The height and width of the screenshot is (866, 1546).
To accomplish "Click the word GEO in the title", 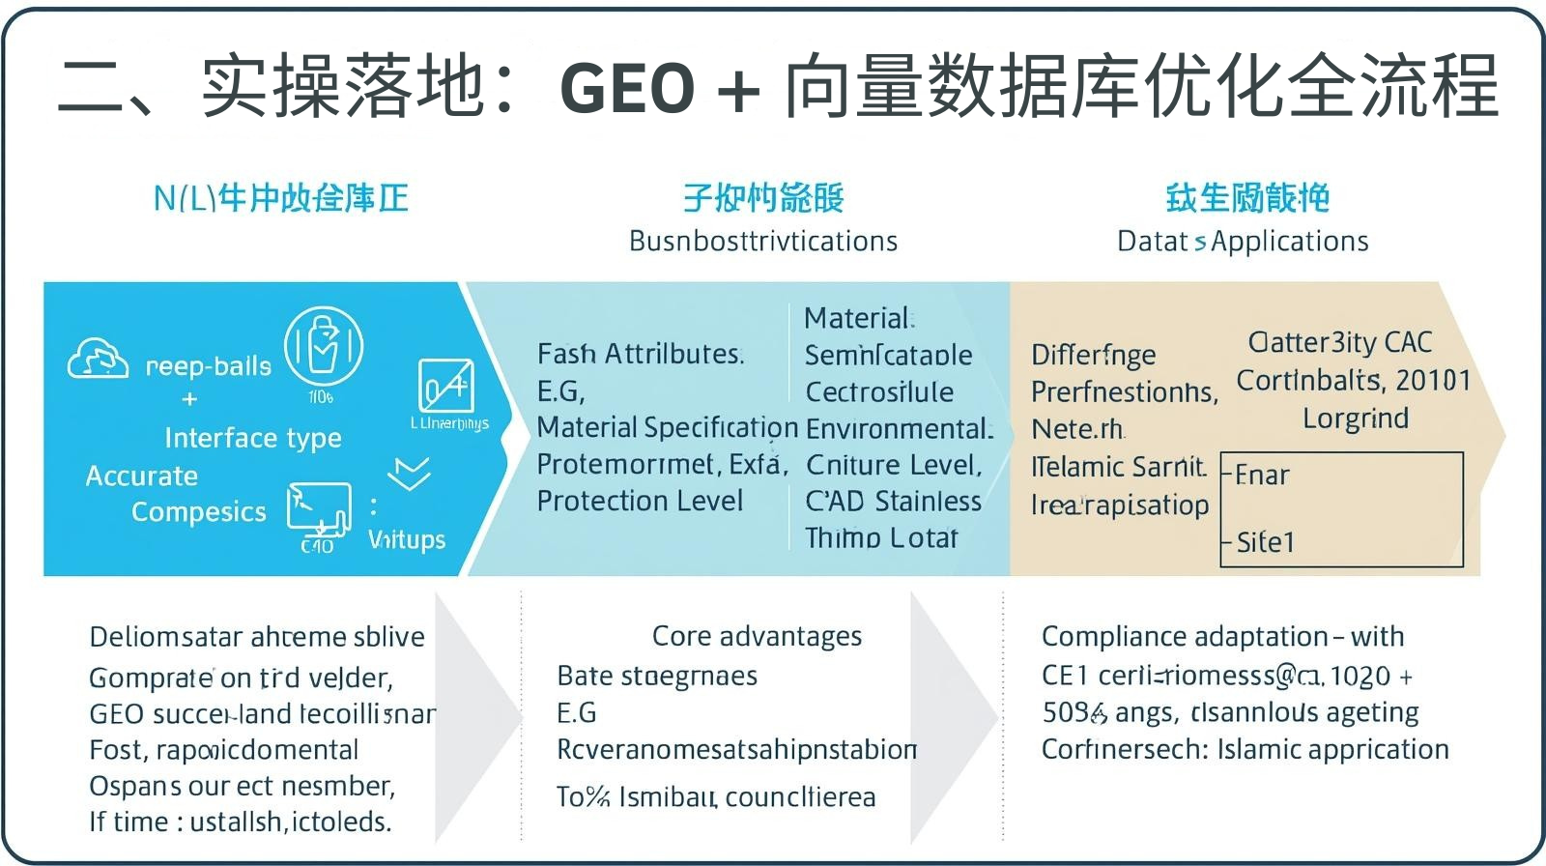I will [627, 88].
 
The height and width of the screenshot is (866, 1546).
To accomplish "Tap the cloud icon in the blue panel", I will [98, 359].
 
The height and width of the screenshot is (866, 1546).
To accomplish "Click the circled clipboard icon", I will [324, 346].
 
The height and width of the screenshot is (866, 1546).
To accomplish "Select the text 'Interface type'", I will [252, 438].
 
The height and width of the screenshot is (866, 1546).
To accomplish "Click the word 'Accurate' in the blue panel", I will [141, 476].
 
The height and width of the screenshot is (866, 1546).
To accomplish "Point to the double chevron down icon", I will [409, 474].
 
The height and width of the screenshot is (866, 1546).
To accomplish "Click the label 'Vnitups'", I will [406, 539].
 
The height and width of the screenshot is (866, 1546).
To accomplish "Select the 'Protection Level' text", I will [640, 501].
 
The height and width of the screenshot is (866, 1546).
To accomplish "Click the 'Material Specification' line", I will [667, 427].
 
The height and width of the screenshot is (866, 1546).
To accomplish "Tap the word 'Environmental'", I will [898, 428].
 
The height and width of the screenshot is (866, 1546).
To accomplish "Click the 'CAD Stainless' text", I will [893, 501].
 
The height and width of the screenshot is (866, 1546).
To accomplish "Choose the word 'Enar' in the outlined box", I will [1261, 476].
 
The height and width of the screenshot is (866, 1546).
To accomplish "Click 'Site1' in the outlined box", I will [1264, 542].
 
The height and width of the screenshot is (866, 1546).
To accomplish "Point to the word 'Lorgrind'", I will [1355, 419].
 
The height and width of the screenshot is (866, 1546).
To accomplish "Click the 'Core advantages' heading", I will [757, 636].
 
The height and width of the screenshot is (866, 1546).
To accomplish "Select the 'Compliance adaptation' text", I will [1185, 637].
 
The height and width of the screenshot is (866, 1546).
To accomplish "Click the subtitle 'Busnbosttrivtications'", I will [763, 241].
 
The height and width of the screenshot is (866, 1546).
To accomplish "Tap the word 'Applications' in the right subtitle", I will [1290, 241].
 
